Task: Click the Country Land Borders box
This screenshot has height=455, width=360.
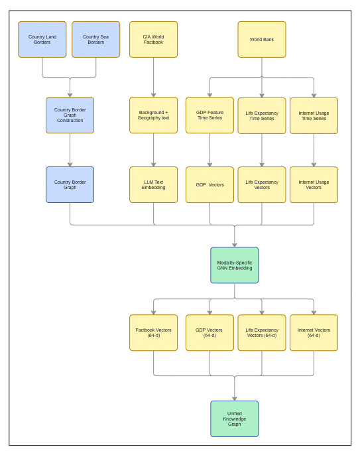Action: point(42,39)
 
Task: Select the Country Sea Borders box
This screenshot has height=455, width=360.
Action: point(95,39)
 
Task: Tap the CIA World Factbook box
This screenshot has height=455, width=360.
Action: point(153,39)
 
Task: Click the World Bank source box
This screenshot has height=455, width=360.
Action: point(262,39)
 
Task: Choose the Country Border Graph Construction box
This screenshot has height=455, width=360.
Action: point(70,115)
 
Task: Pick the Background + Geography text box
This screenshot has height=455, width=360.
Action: point(153,115)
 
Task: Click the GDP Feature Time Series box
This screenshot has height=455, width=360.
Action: point(210,115)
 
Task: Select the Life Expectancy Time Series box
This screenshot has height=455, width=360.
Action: point(262,115)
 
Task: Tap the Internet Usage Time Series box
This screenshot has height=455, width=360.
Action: point(314,115)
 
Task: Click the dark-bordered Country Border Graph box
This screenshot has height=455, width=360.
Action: point(70,184)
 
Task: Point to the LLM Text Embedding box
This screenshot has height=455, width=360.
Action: point(153,184)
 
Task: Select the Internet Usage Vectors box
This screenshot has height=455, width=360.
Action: point(314,184)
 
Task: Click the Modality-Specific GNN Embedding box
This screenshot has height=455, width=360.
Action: point(235,265)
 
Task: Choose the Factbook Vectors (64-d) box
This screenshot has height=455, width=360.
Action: point(153,332)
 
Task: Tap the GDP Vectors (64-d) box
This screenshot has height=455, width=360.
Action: point(210,332)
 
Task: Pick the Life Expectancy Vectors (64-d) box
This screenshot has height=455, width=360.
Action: point(262,332)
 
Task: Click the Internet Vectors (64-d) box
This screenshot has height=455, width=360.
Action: point(314,332)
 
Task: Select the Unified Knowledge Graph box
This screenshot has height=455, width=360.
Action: point(235,419)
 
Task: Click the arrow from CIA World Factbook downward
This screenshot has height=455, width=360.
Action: point(153,76)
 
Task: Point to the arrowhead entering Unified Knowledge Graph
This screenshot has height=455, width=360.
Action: point(235,398)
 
